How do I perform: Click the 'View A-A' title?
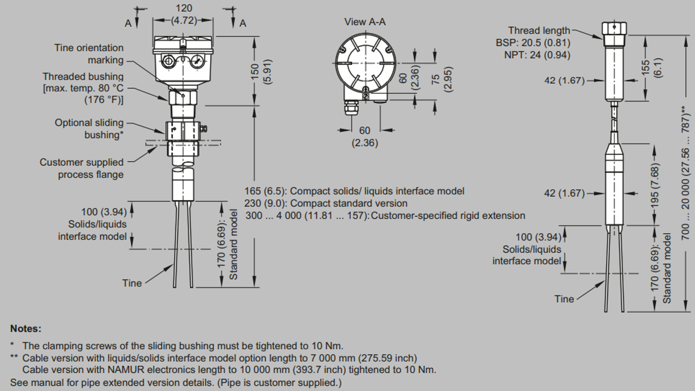click(x=365, y=22)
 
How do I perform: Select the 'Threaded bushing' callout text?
click(x=83, y=77)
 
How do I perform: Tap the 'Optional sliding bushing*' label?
click(x=89, y=129)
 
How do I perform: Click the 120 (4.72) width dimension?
click(x=183, y=14)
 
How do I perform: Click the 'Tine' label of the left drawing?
click(x=131, y=283)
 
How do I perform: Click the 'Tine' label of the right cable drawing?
click(x=564, y=299)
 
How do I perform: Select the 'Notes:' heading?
click(x=26, y=329)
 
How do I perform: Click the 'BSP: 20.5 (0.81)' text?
click(x=533, y=43)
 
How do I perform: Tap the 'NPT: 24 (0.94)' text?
click(x=537, y=55)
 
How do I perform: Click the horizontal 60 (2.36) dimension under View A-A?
click(x=365, y=137)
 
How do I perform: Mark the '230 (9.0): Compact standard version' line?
click(x=326, y=203)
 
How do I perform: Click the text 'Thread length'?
click(x=539, y=30)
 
